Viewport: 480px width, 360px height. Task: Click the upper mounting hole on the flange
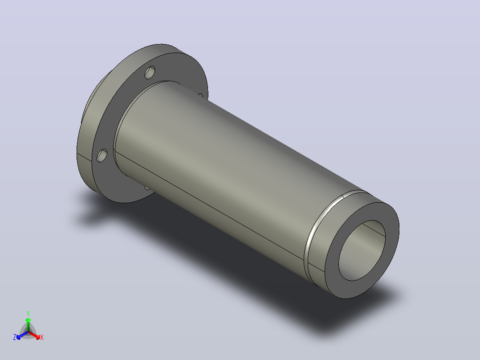(150, 73)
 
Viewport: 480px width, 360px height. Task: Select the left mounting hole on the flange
(102, 155)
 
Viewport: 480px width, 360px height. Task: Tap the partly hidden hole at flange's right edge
(200, 96)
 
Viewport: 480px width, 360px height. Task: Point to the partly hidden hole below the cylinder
(147, 188)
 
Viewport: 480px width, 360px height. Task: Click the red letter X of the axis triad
(42, 337)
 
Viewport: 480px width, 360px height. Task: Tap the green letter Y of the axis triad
(28, 313)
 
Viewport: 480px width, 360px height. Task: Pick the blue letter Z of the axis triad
(15, 337)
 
